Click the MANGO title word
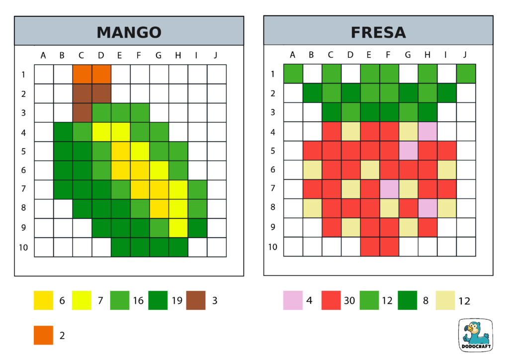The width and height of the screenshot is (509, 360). tap(129, 32)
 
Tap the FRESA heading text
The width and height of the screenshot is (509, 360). tap(378, 32)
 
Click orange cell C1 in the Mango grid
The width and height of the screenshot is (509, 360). tap(82, 74)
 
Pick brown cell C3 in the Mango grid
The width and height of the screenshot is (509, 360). tap(82, 112)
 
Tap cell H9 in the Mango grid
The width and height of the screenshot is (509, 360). tap(178, 228)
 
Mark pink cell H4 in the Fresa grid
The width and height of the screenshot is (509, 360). tap(427, 132)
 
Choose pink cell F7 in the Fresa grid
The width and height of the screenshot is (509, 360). tap(389, 189)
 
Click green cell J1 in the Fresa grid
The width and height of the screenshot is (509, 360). tap(466, 74)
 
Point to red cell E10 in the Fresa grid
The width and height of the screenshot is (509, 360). tap(370, 247)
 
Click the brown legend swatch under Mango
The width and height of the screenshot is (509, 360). tap(196, 300)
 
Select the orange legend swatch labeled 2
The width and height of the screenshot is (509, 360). tap(43, 335)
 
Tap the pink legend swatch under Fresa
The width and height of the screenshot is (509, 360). tap(293, 300)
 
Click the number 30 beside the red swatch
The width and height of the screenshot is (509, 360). tap(349, 301)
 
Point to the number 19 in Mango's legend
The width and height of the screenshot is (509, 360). tap(176, 301)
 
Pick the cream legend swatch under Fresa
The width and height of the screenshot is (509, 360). tap(445, 300)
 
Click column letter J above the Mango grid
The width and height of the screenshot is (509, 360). tap(215, 55)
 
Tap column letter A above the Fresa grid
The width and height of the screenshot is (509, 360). tap(292, 55)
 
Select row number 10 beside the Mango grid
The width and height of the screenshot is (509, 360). tap(23, 247)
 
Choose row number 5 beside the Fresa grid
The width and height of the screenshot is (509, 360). tap(273, 151)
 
